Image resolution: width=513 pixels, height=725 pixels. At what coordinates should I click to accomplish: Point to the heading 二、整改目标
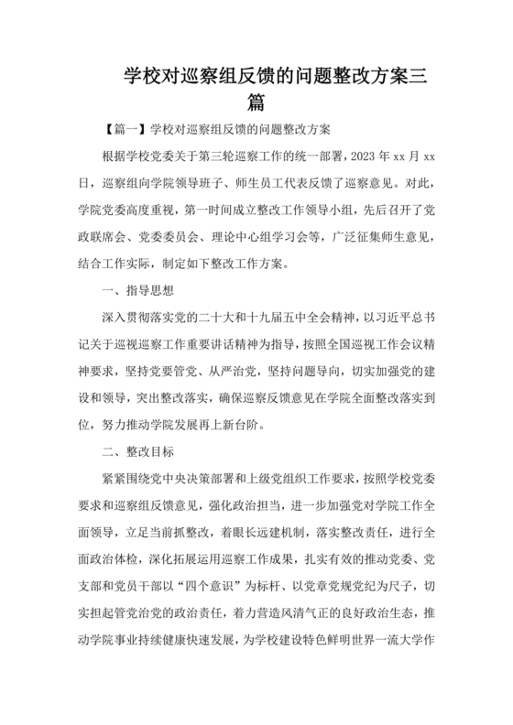[x=135, y=452]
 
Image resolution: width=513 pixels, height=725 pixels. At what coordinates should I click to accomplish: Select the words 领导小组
[x=315, y=208]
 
